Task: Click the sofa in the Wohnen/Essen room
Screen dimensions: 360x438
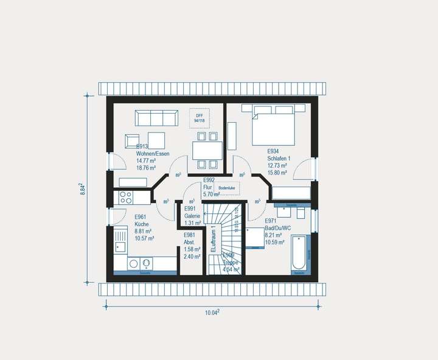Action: [x=156, y=117]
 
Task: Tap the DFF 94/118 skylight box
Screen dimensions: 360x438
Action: [x=199, y=118]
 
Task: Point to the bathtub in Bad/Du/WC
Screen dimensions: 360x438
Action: [x=299, y=254]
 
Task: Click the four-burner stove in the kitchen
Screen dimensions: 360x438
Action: [x=126, y=197]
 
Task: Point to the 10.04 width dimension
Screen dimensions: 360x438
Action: [x=211, y=313]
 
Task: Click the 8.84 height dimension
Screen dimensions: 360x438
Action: [x=83, y=188]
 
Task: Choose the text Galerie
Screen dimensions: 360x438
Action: [x=192, y=215]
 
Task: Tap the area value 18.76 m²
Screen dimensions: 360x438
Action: [x=146, y=168]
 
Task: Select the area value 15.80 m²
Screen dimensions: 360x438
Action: [x=277, y=172]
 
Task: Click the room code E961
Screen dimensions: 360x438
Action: [x=141, y=216]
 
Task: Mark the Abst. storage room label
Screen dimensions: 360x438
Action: [x=189, y=242]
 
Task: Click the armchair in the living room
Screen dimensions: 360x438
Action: [x=131, y=141]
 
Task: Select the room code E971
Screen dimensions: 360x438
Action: [x=271, y=221]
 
